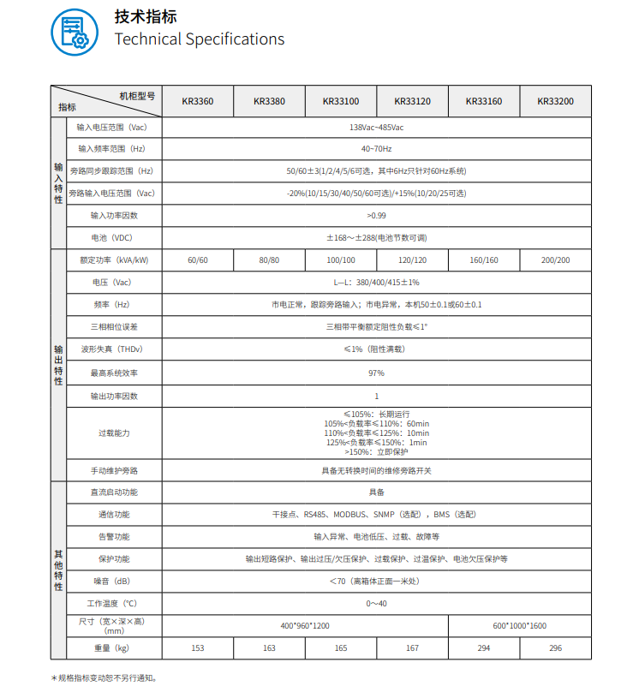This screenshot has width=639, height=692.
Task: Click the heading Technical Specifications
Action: [x=199, y=39]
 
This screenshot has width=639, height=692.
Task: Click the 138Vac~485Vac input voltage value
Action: [x=376, y=128]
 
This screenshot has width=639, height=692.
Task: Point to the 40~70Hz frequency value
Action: [x=376, y=149]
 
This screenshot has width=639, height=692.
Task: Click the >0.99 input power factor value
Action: [x=376, y=215]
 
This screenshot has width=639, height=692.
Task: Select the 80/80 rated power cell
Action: [x=269, y=260]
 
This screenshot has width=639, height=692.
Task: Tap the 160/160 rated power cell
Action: [x=484, y=260]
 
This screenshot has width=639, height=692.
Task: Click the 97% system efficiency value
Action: [x=376, y=373]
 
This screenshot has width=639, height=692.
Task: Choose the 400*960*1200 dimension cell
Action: [x=305, y=626]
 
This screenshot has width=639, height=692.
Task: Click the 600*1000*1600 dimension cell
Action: [x=520, y=626]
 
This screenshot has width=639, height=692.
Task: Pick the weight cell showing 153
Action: [x=197, y=648]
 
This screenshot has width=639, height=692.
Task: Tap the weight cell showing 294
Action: [x=484, y=648]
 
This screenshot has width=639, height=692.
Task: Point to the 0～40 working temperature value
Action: [x=376, y=604]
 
